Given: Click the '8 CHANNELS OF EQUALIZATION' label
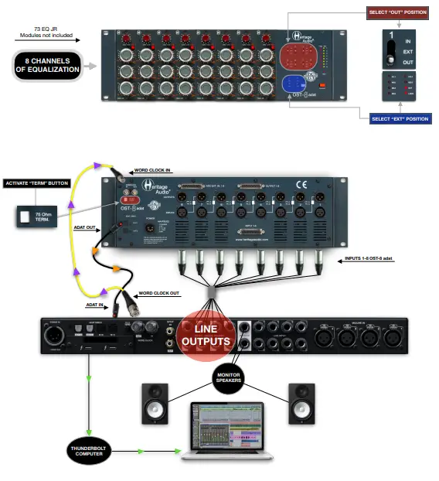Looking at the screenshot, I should click(x=47, y=65).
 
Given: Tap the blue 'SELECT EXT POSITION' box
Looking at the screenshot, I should click(x=400, y=119).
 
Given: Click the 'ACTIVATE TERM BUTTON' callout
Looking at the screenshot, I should click(x=37, y=183).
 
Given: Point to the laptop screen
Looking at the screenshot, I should click(x=228, y=428).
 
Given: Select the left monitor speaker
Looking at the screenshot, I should click(x=155, y=404).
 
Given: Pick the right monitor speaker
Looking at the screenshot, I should click(x=302, y=404).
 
